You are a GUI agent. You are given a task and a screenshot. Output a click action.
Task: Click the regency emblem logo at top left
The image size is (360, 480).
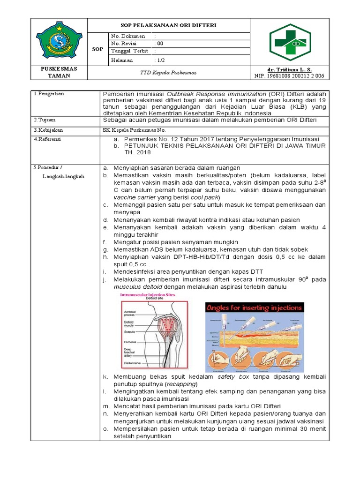coord(59,42)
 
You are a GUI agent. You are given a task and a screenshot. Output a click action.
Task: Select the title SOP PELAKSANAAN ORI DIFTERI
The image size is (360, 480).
coord(169,25)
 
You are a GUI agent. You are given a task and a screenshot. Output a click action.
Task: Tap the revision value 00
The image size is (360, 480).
coord(160,44)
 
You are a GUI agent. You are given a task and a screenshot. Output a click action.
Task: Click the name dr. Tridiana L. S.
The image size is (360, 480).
coord(289,69)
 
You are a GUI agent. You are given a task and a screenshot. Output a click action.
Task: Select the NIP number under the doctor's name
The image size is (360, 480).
coord(289,76)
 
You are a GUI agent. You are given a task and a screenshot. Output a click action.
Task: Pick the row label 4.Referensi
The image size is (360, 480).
coord(49,139)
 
